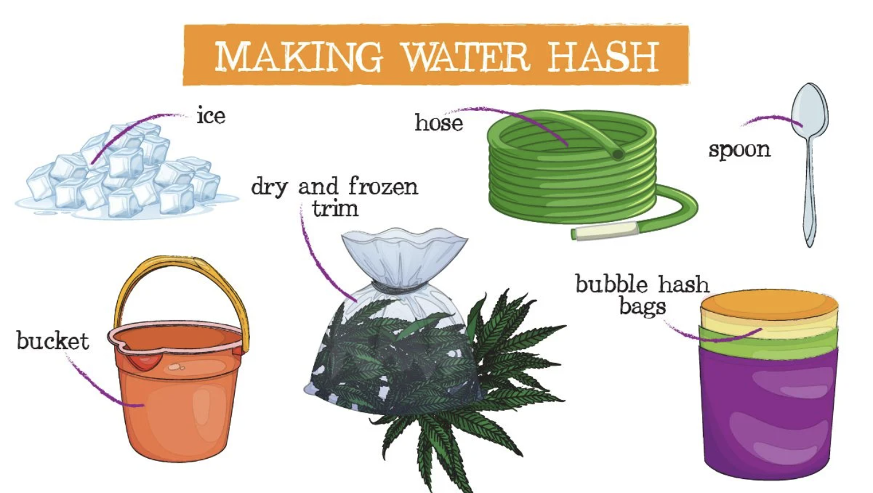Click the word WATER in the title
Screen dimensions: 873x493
click(466, 57)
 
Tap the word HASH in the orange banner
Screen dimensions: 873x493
click(603, 57)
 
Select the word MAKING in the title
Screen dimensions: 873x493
click(299, 57)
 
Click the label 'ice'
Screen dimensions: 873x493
click(211, 116)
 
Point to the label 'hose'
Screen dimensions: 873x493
click(439, 122)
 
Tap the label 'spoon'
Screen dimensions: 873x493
click(739, 150)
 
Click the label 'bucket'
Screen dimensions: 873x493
click(53, 340)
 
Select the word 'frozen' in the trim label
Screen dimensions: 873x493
click(383, 186)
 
